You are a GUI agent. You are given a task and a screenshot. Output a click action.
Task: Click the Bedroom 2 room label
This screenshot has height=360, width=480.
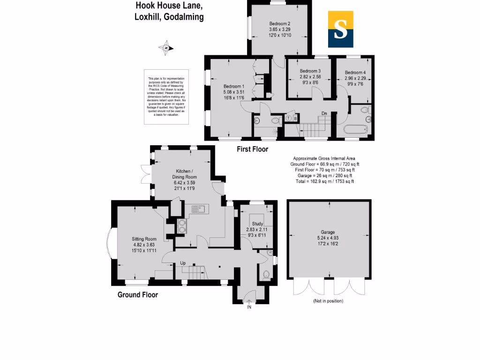pyautogui.click(x=280, y=23)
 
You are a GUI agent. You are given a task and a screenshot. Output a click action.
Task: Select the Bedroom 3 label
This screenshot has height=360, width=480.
pyautogui.click(x=310, y=71)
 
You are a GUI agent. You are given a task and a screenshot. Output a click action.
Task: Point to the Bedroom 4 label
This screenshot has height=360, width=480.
pyautogui.click(x=355, y=73)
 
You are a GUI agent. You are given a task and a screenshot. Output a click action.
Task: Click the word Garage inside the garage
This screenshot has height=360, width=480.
pyautogui.click(x=328, y=232)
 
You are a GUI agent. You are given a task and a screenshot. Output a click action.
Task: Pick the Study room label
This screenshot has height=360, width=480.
pyautogui.click(x=257, y=224)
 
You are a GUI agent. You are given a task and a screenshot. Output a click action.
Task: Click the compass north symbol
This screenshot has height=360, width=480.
pyautogui.click(x=167, y=47)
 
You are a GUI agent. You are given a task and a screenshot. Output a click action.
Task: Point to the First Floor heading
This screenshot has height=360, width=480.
pyautogui.click(x=252, y=150)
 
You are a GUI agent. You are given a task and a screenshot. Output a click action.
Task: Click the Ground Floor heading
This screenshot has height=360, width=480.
pyautogui.click(x=137, y=295)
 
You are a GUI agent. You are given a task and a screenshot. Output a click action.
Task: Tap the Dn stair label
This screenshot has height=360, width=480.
pyautogui.click(x=324, y=113)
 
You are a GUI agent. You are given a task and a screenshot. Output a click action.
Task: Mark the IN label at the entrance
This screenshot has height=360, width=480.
pyautogui.click(x=249, y=307)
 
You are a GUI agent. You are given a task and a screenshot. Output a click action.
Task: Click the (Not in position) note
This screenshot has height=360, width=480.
pyautogui.click(x=328, y=301)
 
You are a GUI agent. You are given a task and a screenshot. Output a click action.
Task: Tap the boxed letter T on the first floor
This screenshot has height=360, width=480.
pyautogui.click(x=289, y=118)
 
